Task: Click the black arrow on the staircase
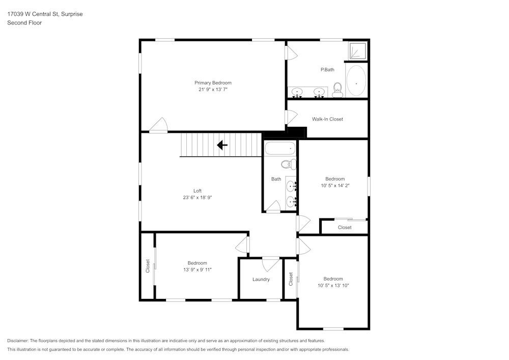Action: pos(222,146)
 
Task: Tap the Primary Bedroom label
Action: pos(213,82)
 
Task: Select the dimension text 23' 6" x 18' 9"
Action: pos(197,197)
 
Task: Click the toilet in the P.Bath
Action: pos(337,91)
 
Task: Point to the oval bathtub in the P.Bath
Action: pos(356,81)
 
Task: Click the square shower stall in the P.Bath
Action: pos(357,51)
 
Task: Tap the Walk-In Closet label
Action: pos(327,119)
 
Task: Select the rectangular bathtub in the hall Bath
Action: pos(279,149)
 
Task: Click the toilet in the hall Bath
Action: pos(289,164)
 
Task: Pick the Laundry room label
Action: pos(261,279)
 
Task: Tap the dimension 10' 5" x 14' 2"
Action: pos(335,185)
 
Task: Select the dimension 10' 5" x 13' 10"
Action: pos(333,286)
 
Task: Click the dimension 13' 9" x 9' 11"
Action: pos(197,269)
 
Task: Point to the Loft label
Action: pos(197,191)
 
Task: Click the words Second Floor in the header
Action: pos(24,23)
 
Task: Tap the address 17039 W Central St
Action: pos(33,14)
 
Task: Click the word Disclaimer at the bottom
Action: pos(18,341)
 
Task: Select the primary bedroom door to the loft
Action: pos(159,126)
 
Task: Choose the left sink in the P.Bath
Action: pos(298,92)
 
